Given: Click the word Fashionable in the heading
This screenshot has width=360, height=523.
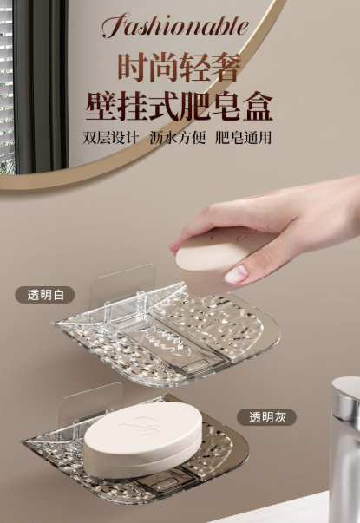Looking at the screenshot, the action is click(x=175, y=25).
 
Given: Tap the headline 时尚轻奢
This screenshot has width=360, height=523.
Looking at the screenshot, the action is click(x=180, y=68).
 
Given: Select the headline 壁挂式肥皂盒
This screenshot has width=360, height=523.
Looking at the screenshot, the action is click(x=180, y=106).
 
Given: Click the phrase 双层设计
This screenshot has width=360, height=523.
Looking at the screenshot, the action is click(x=110, y=138).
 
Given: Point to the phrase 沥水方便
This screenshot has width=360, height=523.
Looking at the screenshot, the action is click(x=177, y=138).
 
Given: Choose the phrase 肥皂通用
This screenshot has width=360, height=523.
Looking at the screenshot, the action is click(x=243, y=138).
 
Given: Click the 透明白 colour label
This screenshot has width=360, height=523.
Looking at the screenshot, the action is click(x=45, y=295).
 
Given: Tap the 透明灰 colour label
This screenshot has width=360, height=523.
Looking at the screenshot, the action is click(x=266, y=417).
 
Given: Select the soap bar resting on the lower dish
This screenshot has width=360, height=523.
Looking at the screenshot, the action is click(x=143, y=438).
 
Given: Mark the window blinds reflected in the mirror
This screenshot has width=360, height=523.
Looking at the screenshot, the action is click(x=7, y=87).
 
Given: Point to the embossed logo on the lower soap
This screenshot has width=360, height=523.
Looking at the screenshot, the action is click(x=141, y=425).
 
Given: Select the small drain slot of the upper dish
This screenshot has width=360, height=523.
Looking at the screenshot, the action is click(x=194, y=366).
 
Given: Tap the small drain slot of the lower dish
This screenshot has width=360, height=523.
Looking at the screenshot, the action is click(x=166, y=485).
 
